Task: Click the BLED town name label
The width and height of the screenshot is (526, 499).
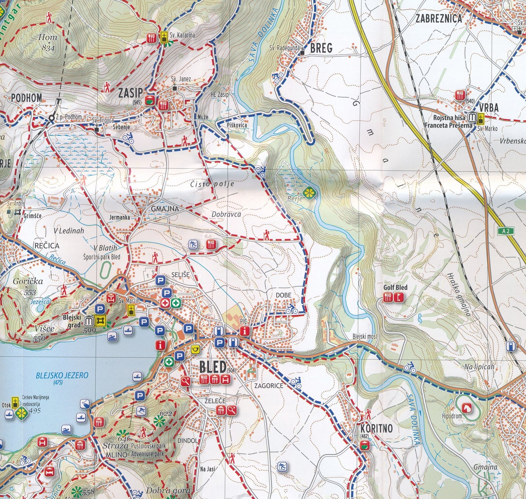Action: (212, 367)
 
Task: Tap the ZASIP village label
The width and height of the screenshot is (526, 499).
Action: (130, 93)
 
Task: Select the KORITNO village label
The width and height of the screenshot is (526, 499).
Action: (377, 429)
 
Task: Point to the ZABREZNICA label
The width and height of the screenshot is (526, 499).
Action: (439, 19)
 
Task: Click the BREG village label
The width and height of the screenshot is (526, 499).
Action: (321, 48)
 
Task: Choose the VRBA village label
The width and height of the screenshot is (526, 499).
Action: (489, 108)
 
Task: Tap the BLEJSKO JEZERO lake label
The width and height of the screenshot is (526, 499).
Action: (62, 376)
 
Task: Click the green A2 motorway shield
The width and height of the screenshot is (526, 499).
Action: (505, 231)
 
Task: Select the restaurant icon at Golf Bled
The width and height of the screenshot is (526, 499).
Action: (388, 298)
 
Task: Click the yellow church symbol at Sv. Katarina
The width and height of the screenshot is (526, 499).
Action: (163, 37)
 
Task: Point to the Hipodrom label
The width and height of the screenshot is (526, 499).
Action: (452, 416)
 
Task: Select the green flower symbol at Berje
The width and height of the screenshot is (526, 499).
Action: (309, 192)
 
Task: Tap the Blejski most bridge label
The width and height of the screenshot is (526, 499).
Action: (365, 337)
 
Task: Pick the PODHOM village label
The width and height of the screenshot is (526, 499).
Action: (26, 98)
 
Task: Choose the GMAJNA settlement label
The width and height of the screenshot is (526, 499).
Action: (165, 209)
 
